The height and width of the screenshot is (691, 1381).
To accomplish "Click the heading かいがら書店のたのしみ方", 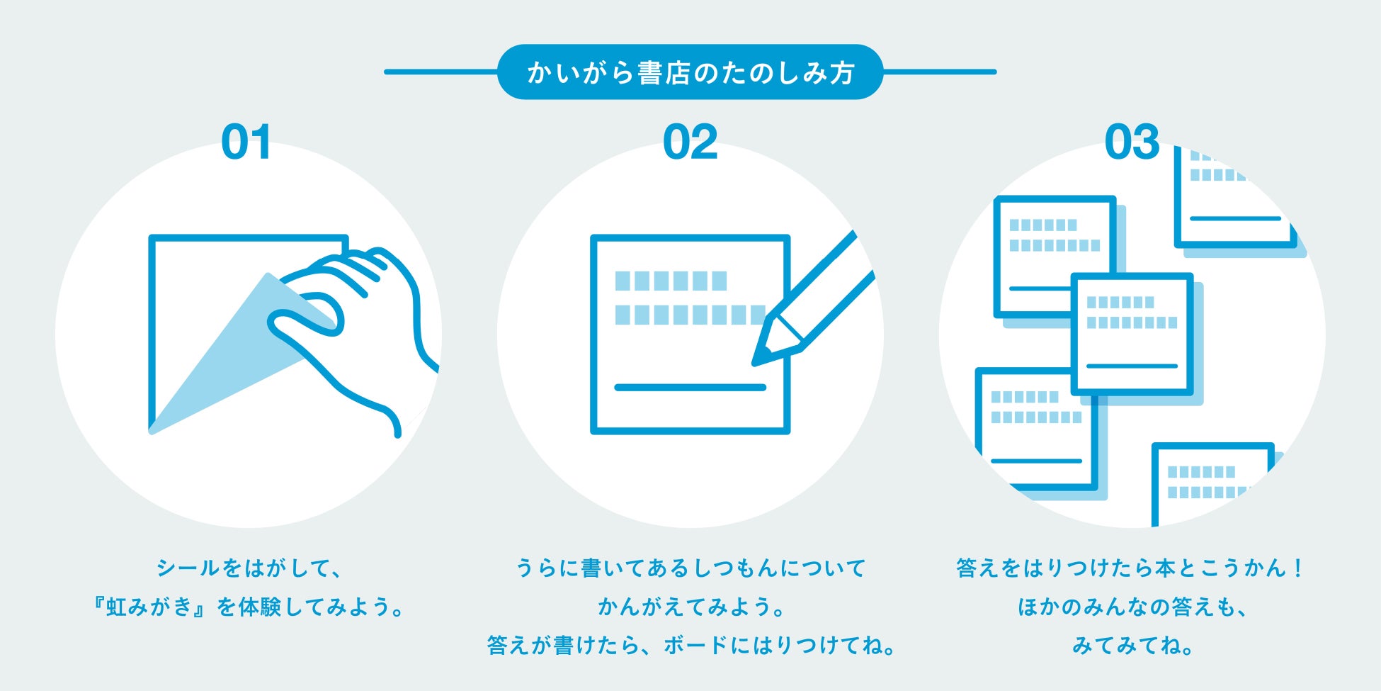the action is pyautogui.click(x=690, y=72).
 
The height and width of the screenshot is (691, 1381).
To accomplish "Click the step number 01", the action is pyautogui.click(x=246, y=142).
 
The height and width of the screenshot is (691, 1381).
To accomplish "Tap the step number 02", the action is pyautogui.click(x=690, y=142).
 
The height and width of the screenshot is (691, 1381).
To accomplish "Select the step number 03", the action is pyautogui.click(x=1132, y=142).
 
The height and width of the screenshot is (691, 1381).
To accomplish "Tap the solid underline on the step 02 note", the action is pyautogui.click(x=690, y=388).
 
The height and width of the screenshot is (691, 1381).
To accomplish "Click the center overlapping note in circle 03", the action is pyautogui.click(x=1132, y=334).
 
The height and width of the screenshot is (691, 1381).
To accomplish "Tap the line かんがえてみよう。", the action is pyautogui.click(x=690, y=607).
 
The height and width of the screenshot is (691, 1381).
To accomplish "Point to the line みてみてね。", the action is pyautogui.click(x=1132, y=646).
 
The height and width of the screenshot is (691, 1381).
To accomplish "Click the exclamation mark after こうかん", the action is pyautogui.click(x=1297, y=568).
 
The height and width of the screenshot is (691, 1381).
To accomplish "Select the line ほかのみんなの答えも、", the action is pyautogui.click(x=1132, y=607).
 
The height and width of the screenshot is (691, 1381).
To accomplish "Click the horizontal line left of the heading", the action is pyautogui.click(x=441, y=72).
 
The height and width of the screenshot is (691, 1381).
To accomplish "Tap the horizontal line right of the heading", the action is pyautogui.click(x=940, y=72).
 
